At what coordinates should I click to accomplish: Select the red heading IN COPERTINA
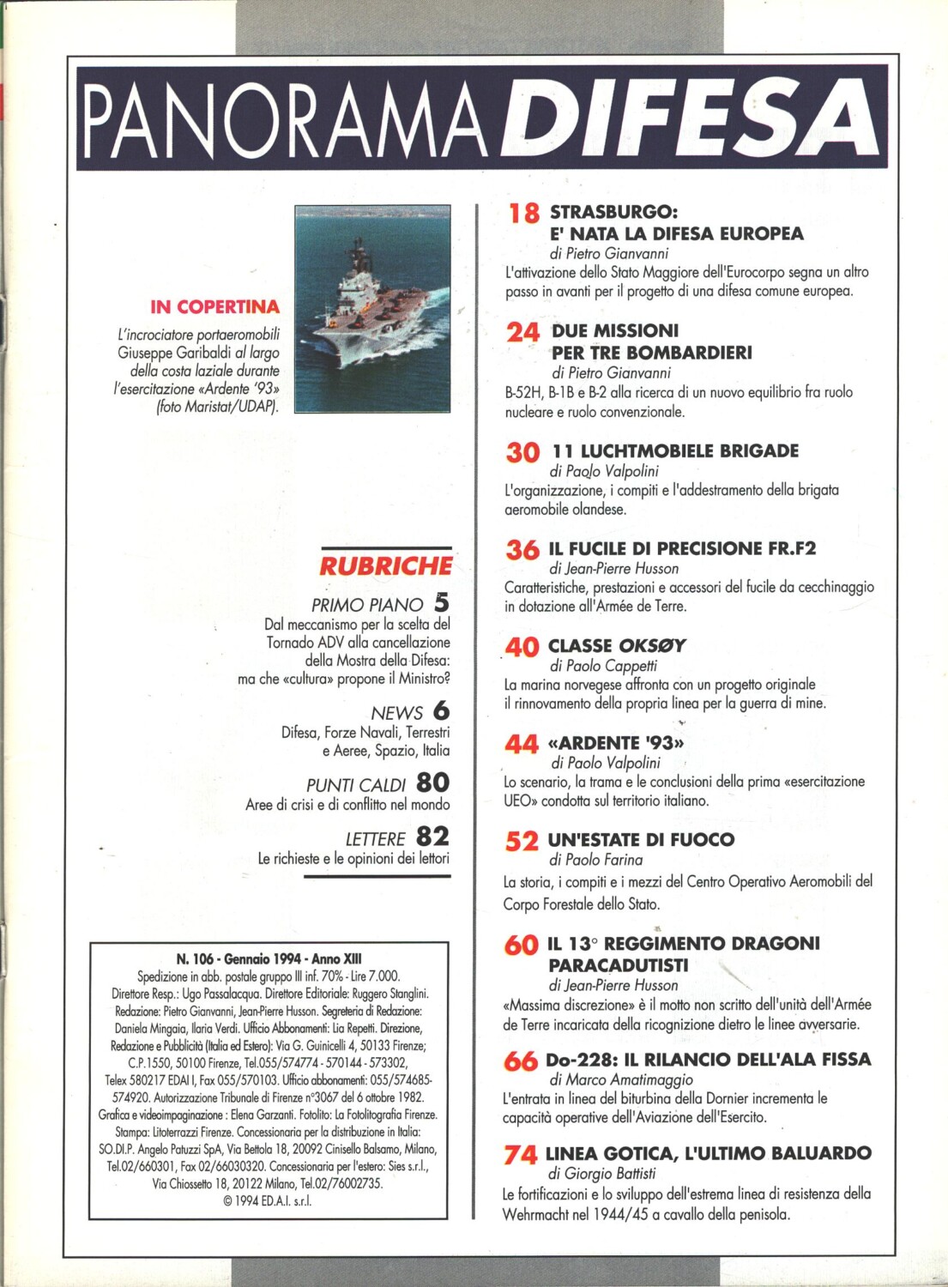point(214,306)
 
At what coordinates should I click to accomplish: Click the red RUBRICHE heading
point(386,566)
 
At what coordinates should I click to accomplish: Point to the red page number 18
point(523,213)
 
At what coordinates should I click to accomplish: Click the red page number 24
point(522,332)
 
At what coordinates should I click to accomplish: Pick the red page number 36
point(522,550)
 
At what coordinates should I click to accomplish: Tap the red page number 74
point(521,1155)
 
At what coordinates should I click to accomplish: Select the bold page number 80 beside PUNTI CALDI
point(433,782)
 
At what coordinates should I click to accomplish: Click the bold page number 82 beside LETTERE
point(433,836)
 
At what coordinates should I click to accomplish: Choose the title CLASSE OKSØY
point(617,645)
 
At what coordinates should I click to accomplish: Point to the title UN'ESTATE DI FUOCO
point(641,840)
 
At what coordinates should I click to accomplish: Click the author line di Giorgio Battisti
point(601,1173)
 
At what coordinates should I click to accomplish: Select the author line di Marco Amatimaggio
point(620,1079)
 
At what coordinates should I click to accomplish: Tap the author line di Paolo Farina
point(595,860)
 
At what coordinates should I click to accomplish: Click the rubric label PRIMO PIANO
point(367,605)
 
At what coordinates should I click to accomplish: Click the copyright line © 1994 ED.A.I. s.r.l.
point(267,1200)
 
